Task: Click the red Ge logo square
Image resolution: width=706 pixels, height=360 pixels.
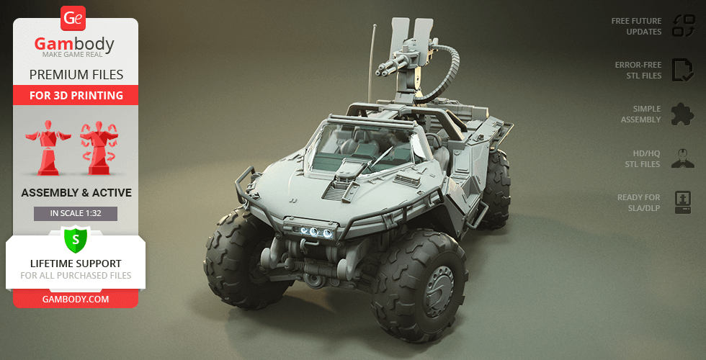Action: coord(73,18)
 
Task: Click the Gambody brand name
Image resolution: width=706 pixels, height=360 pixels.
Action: coord(74,44)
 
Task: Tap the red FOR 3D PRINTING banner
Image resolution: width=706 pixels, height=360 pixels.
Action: coord(76,95)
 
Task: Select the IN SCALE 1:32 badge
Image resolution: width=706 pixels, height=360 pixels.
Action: coord(76,214)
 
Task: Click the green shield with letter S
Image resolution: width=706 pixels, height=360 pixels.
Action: coord(76,239)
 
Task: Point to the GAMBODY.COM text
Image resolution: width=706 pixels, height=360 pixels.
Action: coord(76,299)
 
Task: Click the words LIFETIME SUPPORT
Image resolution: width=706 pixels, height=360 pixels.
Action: coord(76,264)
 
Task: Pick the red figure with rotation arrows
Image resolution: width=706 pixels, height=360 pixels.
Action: coord(99,148)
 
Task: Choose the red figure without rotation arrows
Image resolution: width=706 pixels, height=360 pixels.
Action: coord(48,148)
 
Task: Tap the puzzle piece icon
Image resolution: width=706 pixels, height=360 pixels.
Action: coord(683,114)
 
